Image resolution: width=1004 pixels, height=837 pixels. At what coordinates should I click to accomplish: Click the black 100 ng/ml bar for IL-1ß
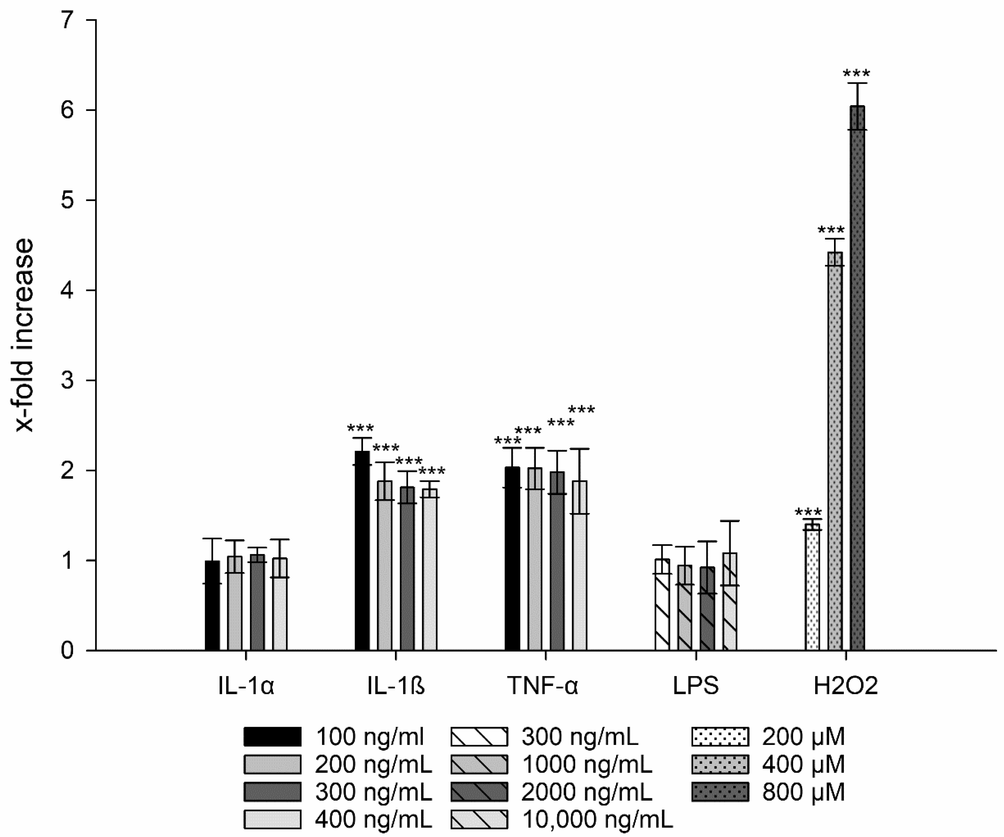tap(362, 550)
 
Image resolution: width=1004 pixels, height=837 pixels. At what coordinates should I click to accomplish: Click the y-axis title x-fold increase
tap(25, 334)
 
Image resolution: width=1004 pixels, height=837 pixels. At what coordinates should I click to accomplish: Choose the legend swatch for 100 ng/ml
tap(273, 737)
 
